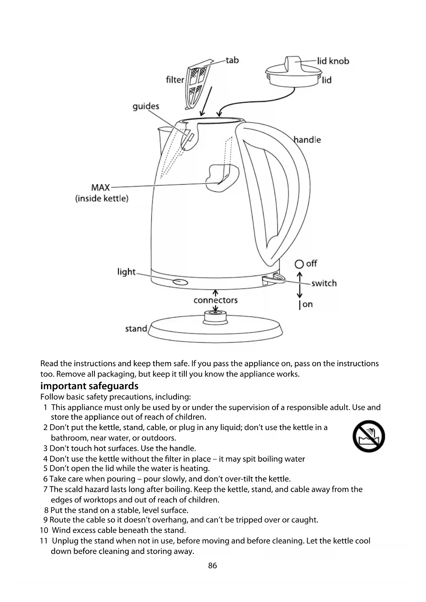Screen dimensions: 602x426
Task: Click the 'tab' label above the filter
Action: click(x=232, y=60)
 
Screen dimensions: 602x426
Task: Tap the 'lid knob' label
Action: click(x=333, y=61)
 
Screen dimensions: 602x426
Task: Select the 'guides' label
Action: click(x=146, y=106)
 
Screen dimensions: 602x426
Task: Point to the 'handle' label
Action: click(x=308, y=140)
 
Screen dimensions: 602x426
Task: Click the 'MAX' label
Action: click(x=101, y=188)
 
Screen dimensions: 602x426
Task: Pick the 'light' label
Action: click(x=127, y=272)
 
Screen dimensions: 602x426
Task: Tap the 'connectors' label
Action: click(x=216, y=300)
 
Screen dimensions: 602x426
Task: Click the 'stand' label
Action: click(x=136, y=329)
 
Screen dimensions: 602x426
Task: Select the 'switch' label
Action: click(x=324, y=283)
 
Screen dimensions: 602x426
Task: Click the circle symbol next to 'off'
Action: click(x=299, y=264)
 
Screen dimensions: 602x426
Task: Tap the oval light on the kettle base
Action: click(x=181, y=282)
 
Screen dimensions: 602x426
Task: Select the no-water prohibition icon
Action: click(x=369, y=436)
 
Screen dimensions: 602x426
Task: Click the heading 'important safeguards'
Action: click(x=89, y=386)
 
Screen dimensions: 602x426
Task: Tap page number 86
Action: click(x=212, y=566)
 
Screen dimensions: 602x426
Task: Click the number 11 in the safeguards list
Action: click(x=44, y=541)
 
